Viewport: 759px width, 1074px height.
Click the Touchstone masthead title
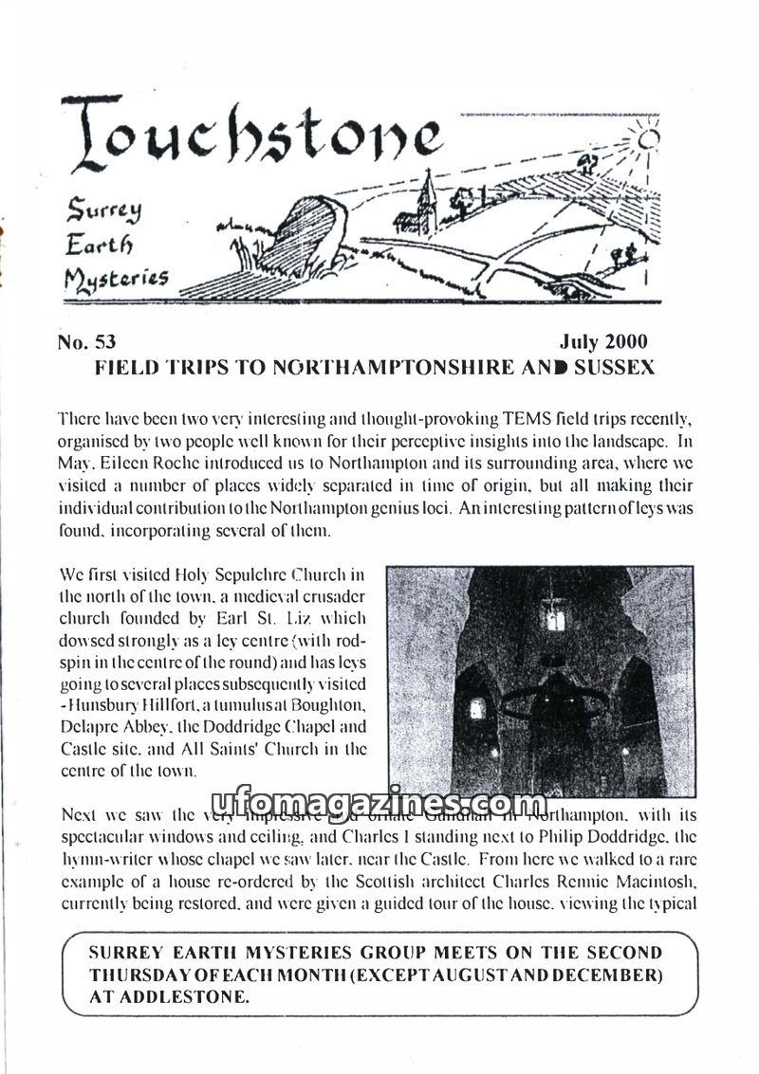[x=251, y=134]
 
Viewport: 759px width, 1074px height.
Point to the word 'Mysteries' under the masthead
[x=117, y=279]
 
